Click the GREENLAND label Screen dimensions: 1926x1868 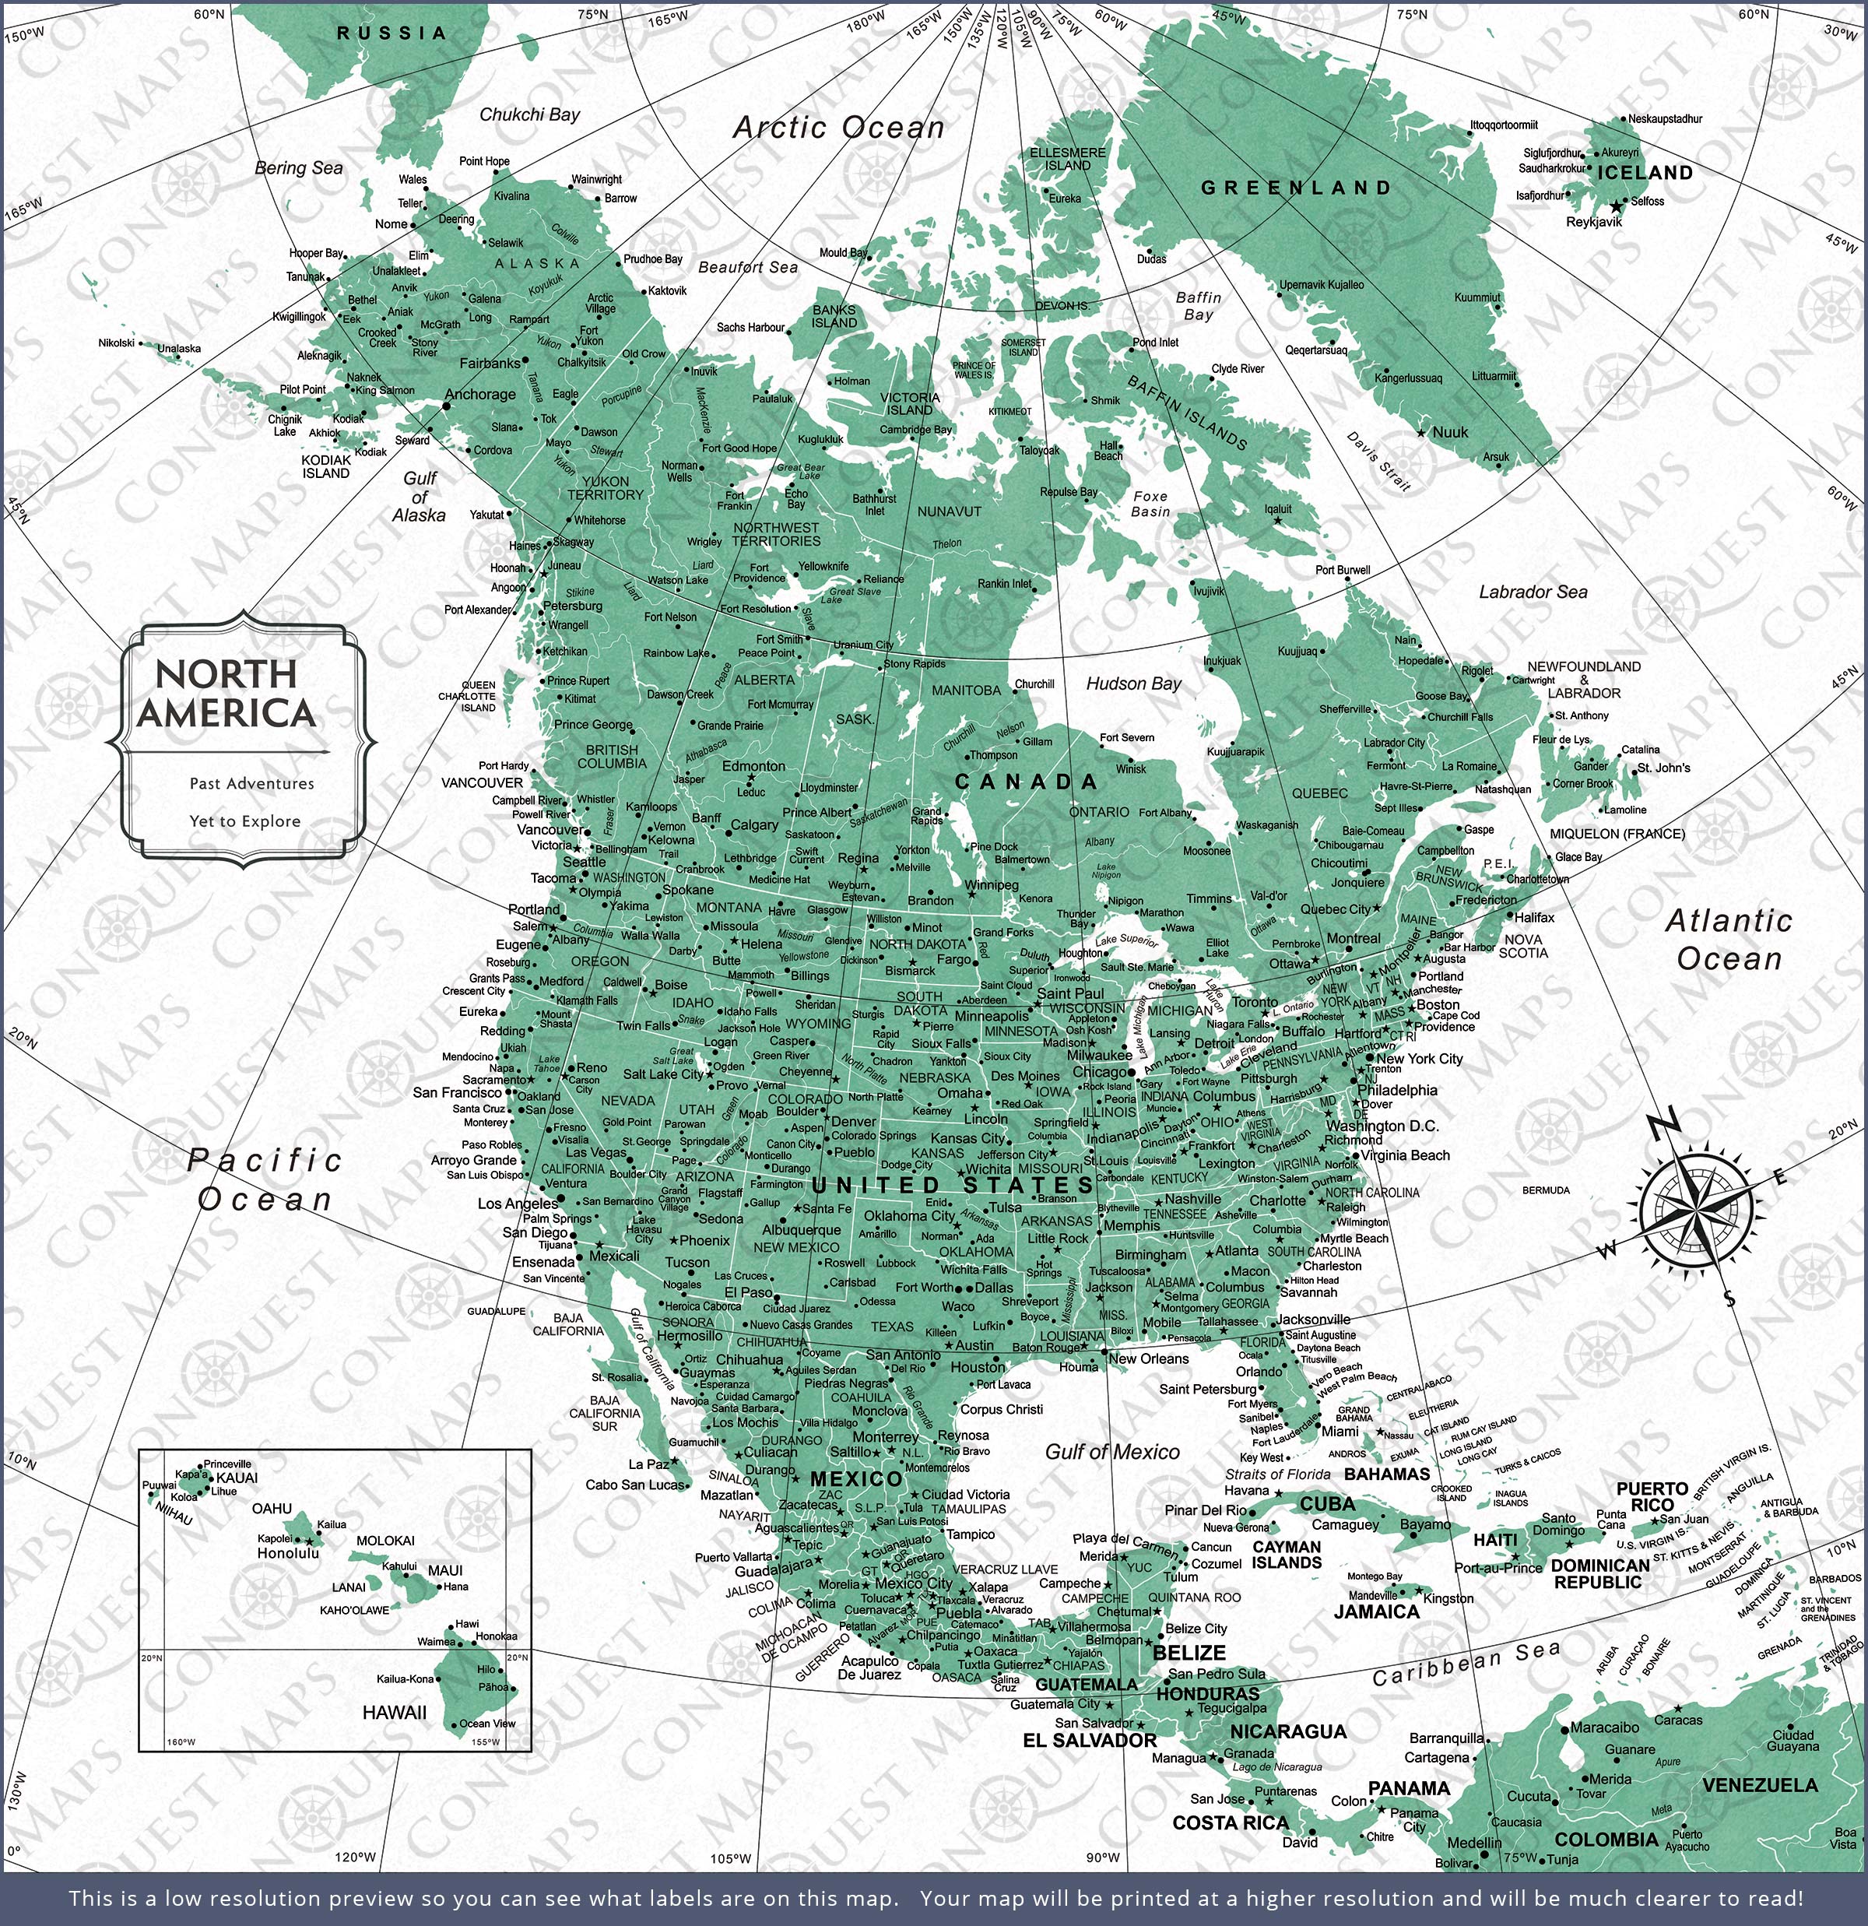point(1296,188)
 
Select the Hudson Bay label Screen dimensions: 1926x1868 point(1133,684)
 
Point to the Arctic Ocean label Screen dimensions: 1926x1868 point(838,128)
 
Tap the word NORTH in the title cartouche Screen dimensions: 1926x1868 point(226,674)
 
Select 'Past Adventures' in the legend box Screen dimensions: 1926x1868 point(251,783)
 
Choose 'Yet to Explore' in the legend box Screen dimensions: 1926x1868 point(244,821)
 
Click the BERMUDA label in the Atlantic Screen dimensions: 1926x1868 point(1546,1190)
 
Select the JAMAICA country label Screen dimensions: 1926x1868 point(1375,1611)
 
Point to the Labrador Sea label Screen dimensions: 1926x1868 point(1533,592)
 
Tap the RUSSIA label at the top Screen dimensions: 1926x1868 point(392,33)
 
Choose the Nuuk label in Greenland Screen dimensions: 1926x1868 point(1449,432)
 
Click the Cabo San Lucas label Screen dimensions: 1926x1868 point(634,1485)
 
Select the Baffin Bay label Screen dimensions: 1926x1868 point(1199,306)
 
